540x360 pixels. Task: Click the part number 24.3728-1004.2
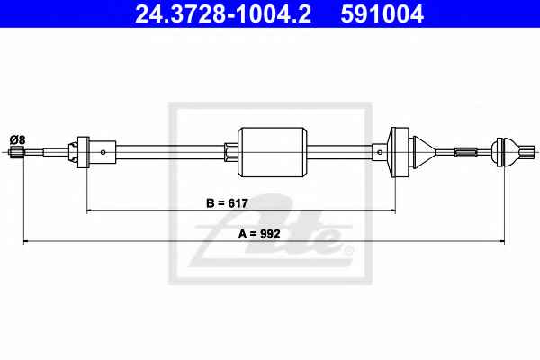[x=223, y=13]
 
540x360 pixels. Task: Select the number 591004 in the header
[x=382, y=13]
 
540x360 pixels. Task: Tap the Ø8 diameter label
[x=18, y=139]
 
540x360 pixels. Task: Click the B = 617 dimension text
[x=227, y=203]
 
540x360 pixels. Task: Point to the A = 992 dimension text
[x=259, y=234]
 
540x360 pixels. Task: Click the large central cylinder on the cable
[x=272, y=152]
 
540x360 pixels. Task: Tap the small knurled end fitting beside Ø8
[x=16, y=151]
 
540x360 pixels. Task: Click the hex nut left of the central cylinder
[x=230, y=152]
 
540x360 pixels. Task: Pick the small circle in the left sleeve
[x=103, y=152]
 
